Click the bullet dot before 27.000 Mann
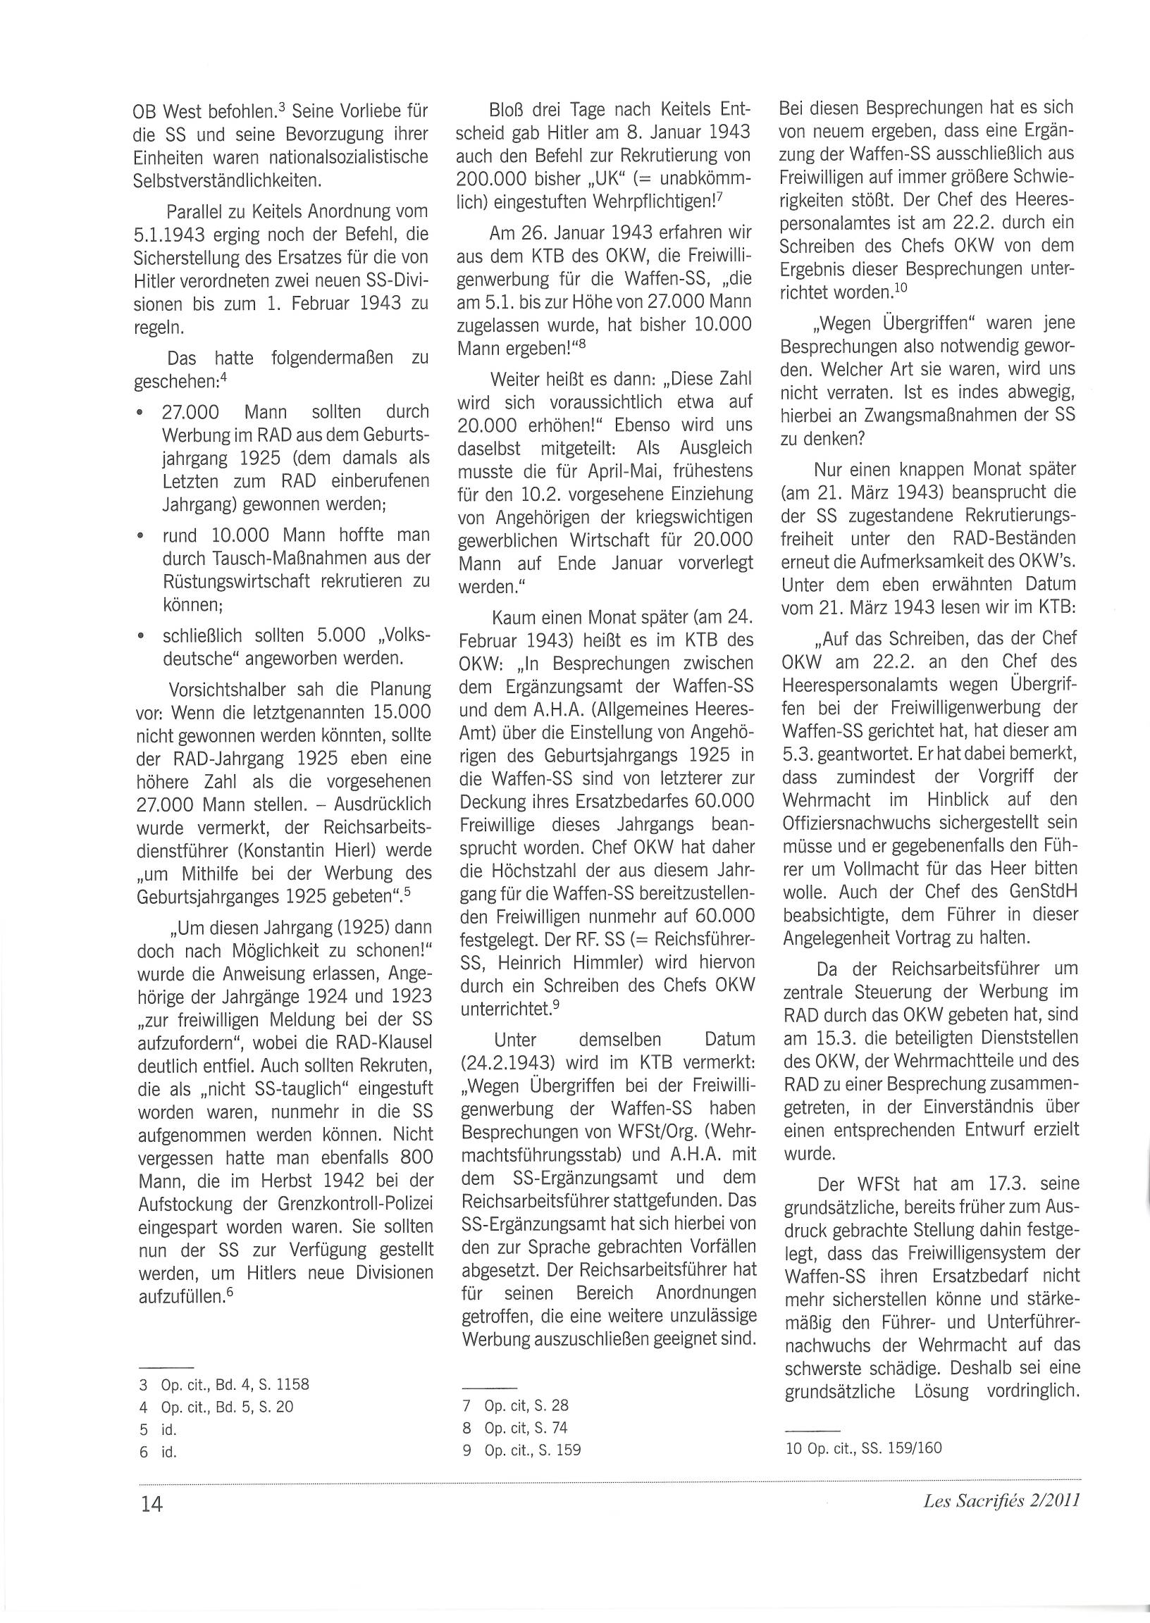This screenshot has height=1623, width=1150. (142, 413)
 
